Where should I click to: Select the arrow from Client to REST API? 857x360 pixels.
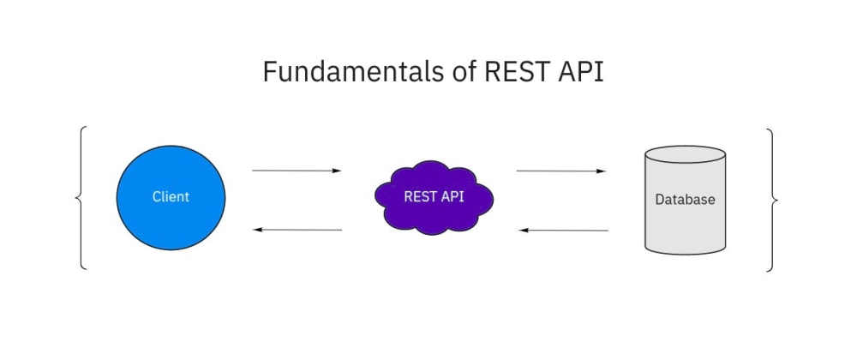(x=296, y=171)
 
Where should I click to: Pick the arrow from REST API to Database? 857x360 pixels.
(x=560, y=171)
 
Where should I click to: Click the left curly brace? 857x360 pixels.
(x=81, y=199)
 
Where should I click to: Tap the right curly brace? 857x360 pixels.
(x=773, y=199)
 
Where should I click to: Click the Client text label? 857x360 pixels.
(x=171, y=197)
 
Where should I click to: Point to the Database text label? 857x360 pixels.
(x=685, y=200)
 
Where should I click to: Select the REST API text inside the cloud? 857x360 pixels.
(x=434, y=195)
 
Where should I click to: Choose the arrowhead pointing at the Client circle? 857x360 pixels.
(x=258, y=230)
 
